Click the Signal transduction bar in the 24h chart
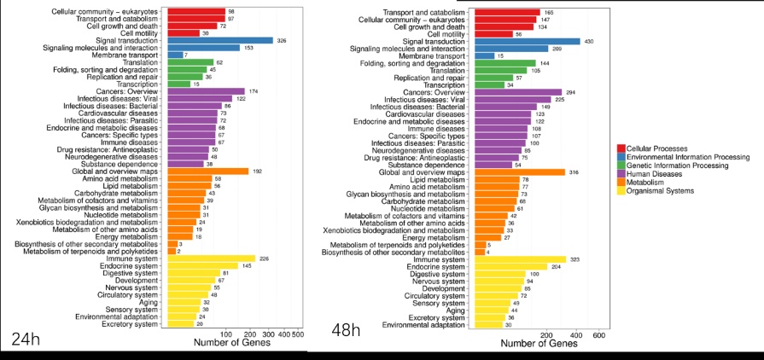pos(220,40)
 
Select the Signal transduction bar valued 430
pos(527,41)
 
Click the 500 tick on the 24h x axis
pos(298,334)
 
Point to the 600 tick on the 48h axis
pos(598,335)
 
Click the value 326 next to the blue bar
pos(283,40)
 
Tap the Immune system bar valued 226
pos(212,258)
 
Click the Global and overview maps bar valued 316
pos(520,171)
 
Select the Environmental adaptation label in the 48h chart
pos(423,325)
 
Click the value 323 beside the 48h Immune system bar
pos(576,259)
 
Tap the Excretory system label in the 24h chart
pos(130,324)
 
